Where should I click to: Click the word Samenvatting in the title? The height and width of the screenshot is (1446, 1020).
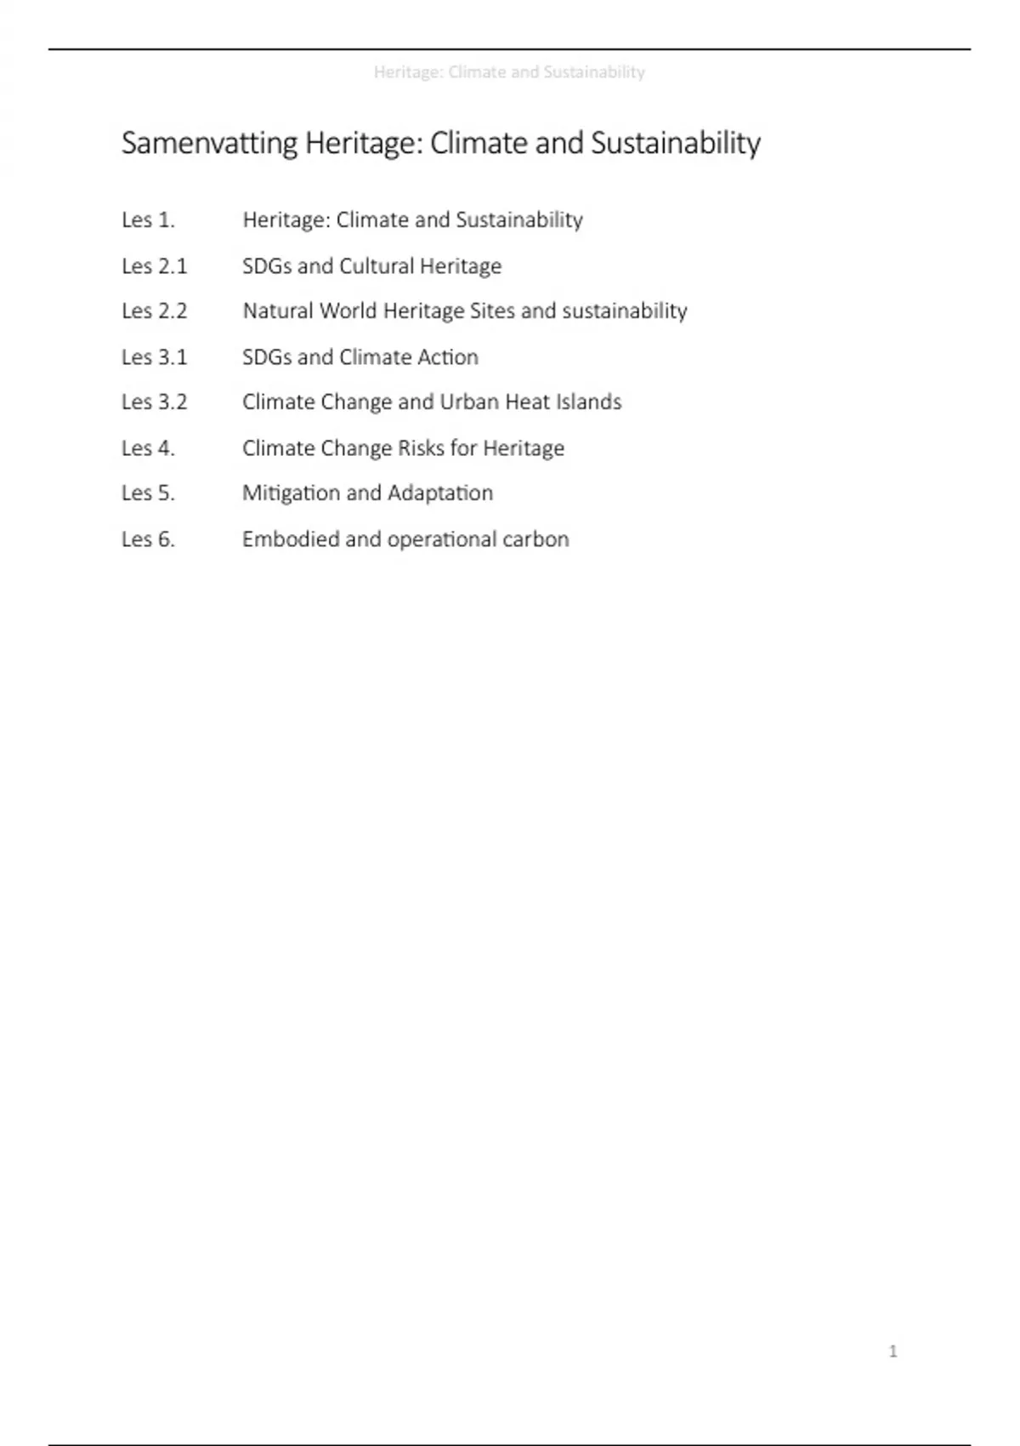click(209, 144)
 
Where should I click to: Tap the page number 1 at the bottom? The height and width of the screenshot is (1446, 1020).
click(892, 1351)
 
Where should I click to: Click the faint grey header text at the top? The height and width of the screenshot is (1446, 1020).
click(509, 72)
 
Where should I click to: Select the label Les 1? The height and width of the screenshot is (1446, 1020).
click(148, 220)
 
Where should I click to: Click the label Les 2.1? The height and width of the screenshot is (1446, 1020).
click(154, 266)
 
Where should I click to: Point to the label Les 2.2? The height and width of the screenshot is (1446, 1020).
click(154, 311)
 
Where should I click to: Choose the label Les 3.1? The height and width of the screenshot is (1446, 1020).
click(154, 357)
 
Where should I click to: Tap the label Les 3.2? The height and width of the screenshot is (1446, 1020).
click(154, 402)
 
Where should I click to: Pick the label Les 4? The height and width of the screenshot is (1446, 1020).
click(148, 448)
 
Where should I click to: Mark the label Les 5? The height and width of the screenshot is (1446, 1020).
click(148, 493)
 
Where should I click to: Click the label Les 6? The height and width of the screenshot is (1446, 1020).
click(148, 539)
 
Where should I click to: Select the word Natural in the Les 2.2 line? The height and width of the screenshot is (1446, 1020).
click(277, 311)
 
